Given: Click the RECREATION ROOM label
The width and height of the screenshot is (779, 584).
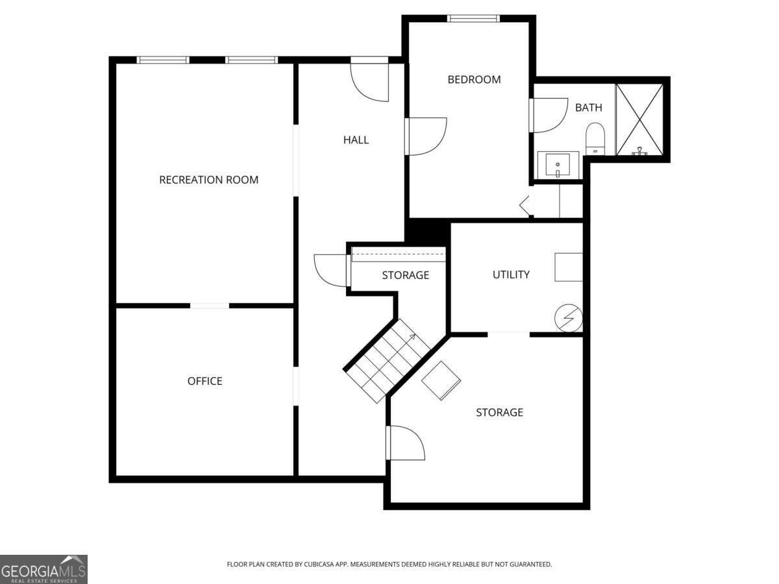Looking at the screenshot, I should (x=208, y=180).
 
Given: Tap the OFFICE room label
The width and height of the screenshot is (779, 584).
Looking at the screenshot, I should (x=204, y=381).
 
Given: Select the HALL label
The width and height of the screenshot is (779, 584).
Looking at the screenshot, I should (x=356, y=140).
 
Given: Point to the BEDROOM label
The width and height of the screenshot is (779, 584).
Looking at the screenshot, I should (x=474, y=80).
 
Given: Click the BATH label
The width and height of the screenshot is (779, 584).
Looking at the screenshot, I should (x=588, y=108).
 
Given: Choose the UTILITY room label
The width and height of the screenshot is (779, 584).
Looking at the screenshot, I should (x=511, y=274).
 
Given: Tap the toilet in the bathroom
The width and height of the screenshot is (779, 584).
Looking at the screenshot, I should (x=595, y=139).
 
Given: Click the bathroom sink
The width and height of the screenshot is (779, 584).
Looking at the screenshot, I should (x=557, y=165).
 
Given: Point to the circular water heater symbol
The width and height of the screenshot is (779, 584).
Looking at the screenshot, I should (x=568, y=319).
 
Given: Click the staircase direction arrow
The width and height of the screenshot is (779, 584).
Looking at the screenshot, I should (x=411, y=337).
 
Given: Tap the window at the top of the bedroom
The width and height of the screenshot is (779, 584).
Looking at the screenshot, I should (x=473, y=18).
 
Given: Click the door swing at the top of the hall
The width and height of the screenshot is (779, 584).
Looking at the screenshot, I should (x=370, y=81).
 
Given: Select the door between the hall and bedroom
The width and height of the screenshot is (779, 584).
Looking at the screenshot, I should (x=425, y=136).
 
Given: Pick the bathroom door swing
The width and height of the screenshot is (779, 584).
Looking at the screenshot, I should (x=549, y=115).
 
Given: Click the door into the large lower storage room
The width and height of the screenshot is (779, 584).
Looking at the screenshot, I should (x=405, y=443).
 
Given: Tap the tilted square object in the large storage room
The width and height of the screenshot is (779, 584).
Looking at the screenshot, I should (x=441, y=380).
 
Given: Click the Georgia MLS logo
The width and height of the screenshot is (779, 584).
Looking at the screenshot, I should (x=43, y=569).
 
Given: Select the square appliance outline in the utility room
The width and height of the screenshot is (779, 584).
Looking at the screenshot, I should (x=568, y=267).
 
